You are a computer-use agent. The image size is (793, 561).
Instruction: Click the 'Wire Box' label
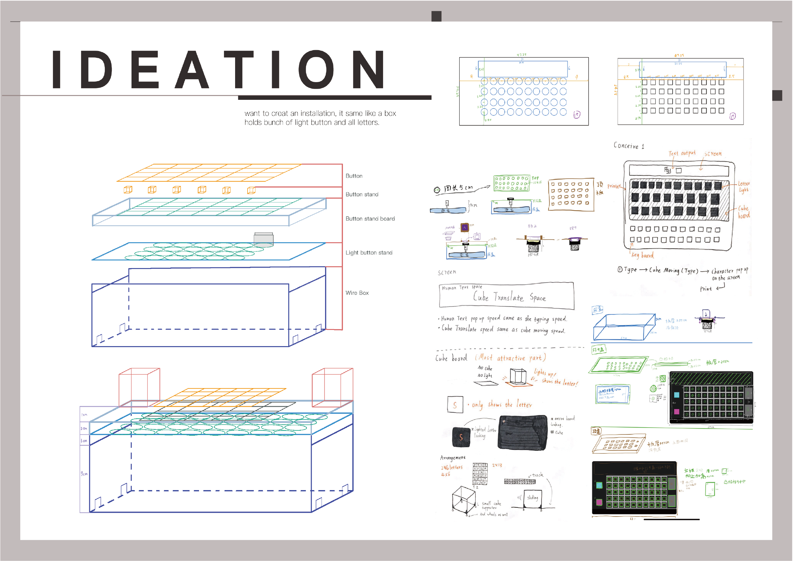coord(357,293)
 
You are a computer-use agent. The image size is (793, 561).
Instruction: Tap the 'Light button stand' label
coord(369,253)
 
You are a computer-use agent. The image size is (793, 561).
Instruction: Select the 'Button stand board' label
coord(370,219)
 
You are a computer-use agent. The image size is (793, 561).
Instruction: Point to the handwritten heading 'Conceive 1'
coord(628,146)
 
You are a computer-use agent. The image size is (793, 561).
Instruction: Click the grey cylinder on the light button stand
coord(263,239)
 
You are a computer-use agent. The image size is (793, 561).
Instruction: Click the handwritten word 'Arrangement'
coord(452,458)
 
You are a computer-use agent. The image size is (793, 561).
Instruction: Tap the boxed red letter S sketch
coord(455,405)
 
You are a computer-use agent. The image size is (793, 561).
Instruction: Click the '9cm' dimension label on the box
coord(84,473)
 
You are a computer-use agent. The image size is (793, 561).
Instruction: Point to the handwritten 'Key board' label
coord(642,255)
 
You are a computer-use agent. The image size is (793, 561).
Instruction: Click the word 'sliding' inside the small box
coord(532,498)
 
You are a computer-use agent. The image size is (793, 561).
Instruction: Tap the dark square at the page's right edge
coord(777,95)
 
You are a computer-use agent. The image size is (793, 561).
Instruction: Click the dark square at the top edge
coord(436,16)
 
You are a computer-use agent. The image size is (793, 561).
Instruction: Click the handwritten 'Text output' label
coord(682,153)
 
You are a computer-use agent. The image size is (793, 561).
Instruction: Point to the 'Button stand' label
coord(362,194)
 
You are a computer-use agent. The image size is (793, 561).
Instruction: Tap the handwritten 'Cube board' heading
coord(451,358)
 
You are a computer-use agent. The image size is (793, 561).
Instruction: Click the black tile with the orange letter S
coord(461,437)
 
